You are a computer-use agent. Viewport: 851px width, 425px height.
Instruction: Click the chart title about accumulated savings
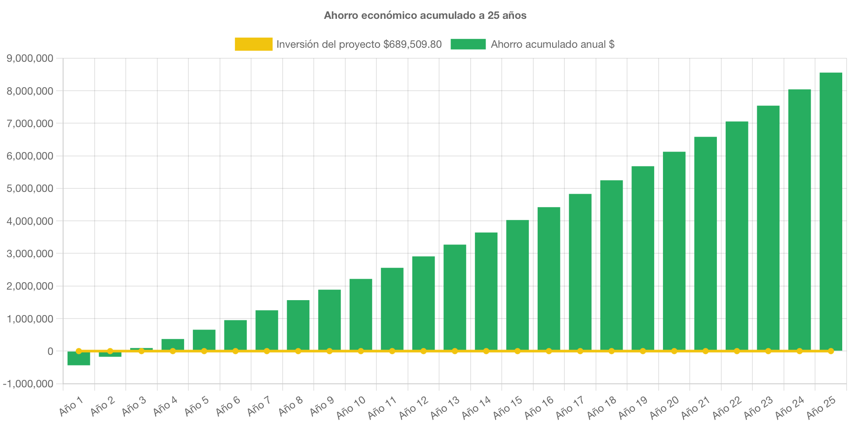tap(425, 15)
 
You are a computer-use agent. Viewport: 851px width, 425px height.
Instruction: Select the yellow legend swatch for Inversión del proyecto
tap(253, 44)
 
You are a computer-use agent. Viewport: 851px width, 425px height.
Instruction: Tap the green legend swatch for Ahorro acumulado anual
tap(468, 44)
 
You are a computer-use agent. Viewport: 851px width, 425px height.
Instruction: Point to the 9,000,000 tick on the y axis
tap(30, 58)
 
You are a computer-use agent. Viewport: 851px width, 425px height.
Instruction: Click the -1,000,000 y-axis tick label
tap(28, 384)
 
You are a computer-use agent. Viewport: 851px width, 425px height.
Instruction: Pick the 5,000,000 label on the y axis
tap(30, 188)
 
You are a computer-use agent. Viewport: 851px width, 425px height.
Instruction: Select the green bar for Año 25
tap(830, 210)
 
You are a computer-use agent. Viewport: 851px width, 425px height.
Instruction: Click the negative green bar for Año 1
tap(79, 359)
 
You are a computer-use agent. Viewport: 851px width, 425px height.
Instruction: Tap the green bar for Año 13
tap(454, 298)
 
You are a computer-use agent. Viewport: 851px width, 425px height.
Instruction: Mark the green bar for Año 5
tap(204, 340)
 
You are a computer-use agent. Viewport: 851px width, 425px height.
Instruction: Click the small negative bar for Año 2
tap(110, 354)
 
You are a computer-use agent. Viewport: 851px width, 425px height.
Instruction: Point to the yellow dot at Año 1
tap(79, 351)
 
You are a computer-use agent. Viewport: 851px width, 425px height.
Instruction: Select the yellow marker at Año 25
tap(830, 351)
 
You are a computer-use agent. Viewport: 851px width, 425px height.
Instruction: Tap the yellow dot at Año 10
tap(361, 351)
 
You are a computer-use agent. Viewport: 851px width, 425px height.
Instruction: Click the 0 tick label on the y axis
tap(50, 351)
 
